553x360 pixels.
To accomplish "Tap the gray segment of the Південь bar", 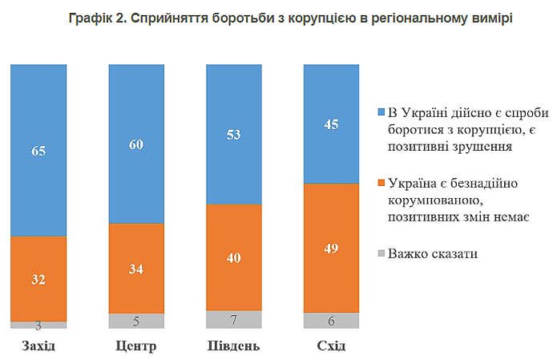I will (x=234, y=319).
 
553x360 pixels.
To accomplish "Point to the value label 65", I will (x=38, y=150).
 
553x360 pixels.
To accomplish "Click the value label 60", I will (x=136, y=145).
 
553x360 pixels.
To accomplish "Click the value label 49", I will (x=332, y=248).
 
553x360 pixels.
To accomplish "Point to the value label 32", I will (x=38, y=279).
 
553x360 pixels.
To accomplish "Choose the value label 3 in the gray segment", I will (x=38, y=325).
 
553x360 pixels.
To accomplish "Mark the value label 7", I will (x=234, y=320).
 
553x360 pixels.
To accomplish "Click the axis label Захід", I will (x=38, y=346).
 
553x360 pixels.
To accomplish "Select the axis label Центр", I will (x=136, y=346).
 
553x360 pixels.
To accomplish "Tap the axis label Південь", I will (x=234, y=346).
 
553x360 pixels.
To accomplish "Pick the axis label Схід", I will (x=332, y=346).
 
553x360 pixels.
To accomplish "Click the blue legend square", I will (x=381, y=110).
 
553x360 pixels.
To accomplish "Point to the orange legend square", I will (x=381, y=183).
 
